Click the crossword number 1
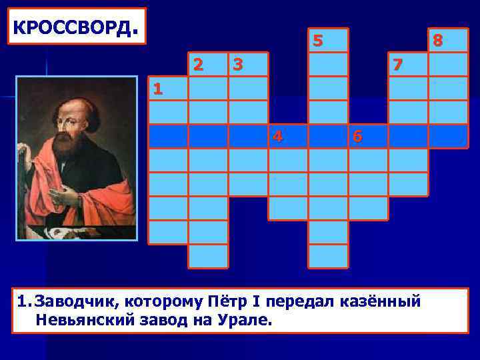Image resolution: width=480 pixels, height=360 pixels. pos(155,89)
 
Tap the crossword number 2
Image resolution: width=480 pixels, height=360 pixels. pos(198,65)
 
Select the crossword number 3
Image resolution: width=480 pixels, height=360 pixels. pos(237,65)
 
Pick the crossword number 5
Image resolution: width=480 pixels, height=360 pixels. pos(318,41)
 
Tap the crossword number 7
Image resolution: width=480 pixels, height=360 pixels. pos(398,65)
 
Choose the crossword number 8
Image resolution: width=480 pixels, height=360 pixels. pos(437,41)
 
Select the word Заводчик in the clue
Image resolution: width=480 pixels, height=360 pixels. pos(73,301)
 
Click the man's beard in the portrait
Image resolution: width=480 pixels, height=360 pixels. pos(70,140)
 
